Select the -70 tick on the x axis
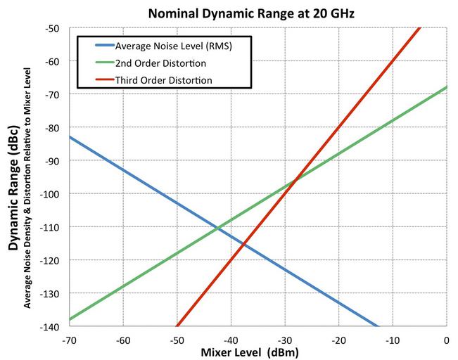pyautogui.click(x=69, y=339)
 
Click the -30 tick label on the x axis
pyautogui.click(x=284, y=339)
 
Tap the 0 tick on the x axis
pyautogui.click(x=446, y=339)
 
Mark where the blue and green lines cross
pyautogui.click(x=218, y=226)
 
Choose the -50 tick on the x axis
pyautogui.click(x=177, y=339)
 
